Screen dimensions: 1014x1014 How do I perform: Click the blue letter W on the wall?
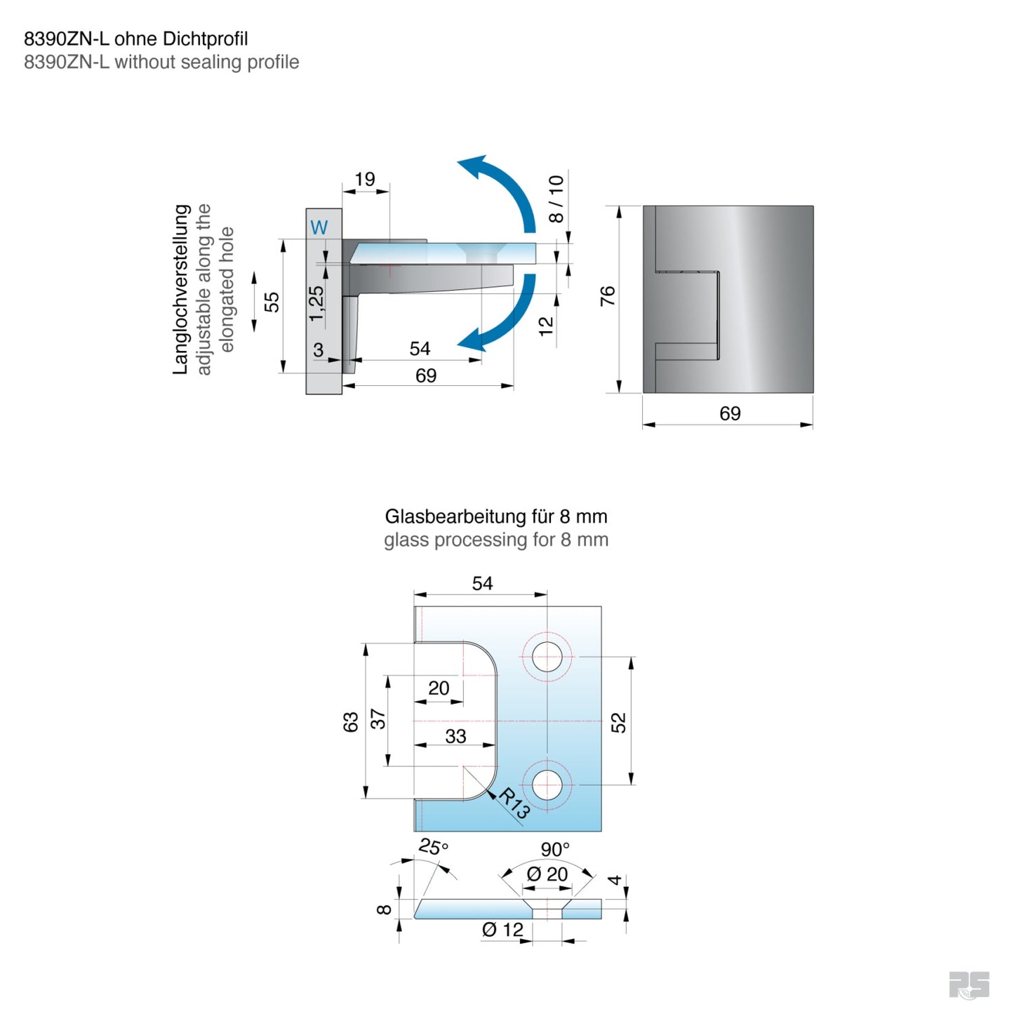click(319, 227)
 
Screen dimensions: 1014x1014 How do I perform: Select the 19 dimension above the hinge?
click(365, 180)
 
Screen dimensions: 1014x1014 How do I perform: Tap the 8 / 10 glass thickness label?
click(556, 199)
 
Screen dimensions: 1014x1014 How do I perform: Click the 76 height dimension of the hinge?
click(608, 295)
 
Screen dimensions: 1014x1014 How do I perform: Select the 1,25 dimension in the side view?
click(316, 303)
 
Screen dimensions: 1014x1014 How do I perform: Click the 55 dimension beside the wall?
click(272, 302)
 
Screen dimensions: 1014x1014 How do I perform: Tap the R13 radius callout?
click(514, 803)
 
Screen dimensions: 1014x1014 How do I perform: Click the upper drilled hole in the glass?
click(547, 658)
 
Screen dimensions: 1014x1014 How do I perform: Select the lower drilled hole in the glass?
click(547, 785)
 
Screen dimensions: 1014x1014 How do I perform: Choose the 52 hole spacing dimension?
click(618, 723)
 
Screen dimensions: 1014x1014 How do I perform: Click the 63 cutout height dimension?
click(351, 722)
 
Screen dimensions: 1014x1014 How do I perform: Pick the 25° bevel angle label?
click(433, 847)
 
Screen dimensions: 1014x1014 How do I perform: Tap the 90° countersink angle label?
click(555, 850)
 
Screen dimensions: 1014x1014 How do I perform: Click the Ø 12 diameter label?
click(502, 930)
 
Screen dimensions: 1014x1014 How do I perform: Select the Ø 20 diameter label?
click(547, 874)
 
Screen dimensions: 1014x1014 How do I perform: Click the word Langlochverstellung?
click(181, 289)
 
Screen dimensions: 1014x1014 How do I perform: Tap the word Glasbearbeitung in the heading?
click(455, 517)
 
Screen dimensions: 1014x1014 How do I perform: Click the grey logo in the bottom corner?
click(969, 985)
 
